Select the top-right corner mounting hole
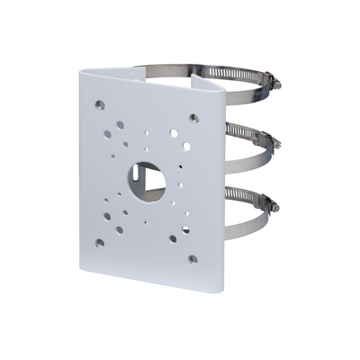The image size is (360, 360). click(193, 117)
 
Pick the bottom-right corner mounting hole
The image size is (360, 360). click(193, 259)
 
